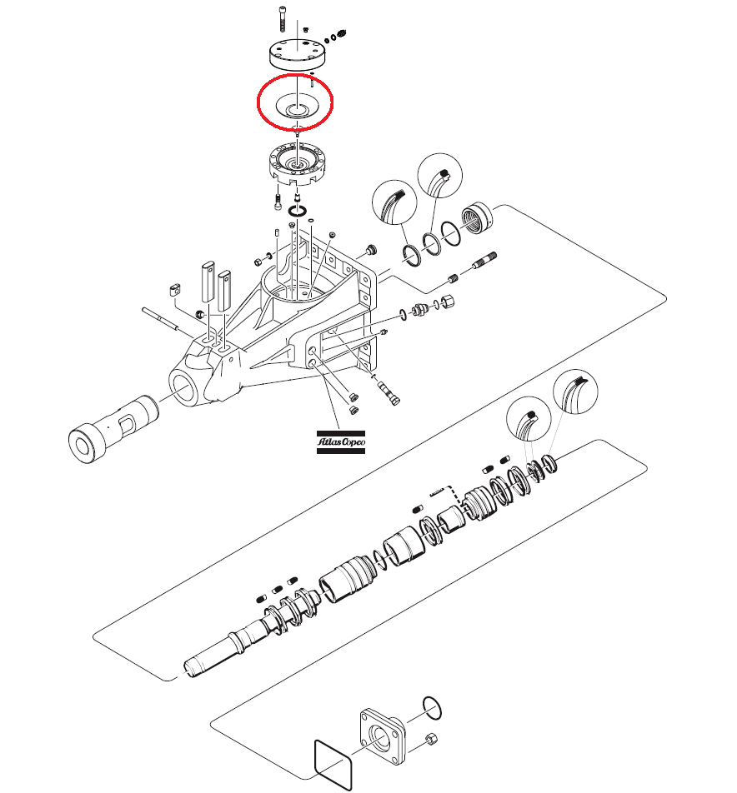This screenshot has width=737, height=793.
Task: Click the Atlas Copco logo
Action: tap(339, 441)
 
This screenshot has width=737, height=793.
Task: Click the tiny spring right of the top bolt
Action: tap(338, 35)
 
